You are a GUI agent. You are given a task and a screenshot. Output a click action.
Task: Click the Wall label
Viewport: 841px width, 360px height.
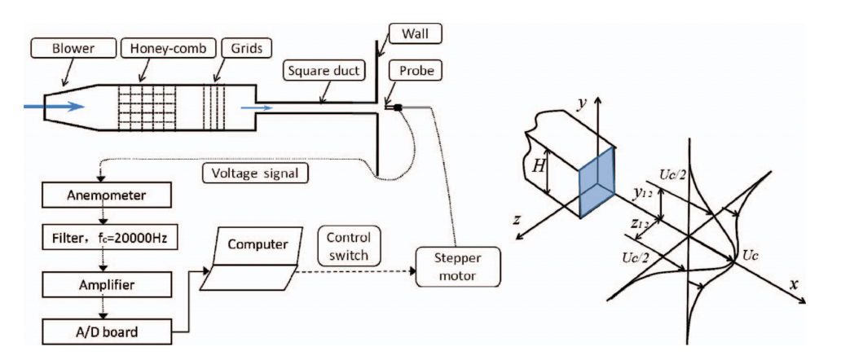(x=429, y=35)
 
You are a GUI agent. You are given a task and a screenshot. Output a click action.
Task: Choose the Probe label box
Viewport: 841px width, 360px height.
(x=423, y=72)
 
